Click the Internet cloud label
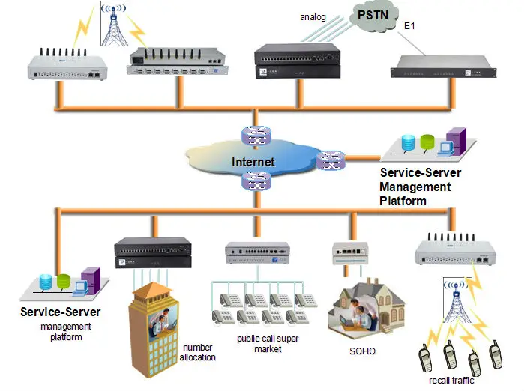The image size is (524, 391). tap(253, 162)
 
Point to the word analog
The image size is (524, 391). tap(313, 16)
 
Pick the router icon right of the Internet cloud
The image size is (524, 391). tap(330, 160)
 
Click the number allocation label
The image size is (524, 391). tap(197, 352)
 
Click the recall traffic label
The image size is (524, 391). tap(451, 381)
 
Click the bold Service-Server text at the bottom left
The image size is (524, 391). tap(61, 312)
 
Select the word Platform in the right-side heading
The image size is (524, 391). tap(403, 201)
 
